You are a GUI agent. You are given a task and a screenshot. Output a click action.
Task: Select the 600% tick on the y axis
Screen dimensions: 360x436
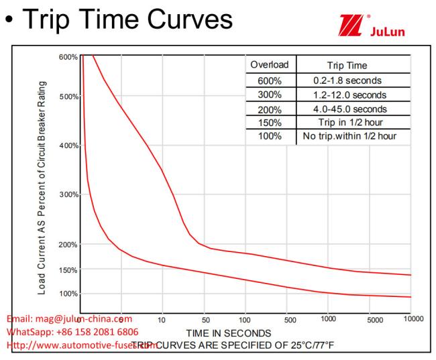68,57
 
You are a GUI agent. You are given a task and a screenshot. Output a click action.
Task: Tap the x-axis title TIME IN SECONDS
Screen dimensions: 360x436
229,333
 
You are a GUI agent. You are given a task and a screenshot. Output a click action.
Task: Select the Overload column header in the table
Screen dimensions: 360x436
270,66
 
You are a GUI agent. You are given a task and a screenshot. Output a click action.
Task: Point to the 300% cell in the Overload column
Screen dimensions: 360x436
270,95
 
